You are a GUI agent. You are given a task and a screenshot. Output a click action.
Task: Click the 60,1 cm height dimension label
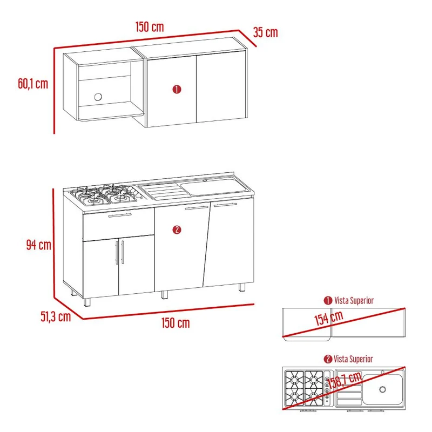coord(33,84)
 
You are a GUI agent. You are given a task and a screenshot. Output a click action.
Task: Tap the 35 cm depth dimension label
coord(265,32)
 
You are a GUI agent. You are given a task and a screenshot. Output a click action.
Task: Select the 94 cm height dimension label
coord(39,245)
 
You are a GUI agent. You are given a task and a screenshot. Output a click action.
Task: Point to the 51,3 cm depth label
coord(56,316)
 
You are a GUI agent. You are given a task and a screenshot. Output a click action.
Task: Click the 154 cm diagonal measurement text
coord(329,318)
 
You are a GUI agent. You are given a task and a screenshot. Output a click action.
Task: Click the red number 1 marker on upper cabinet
coord(177,90)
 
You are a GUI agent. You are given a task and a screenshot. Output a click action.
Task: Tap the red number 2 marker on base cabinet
coord(177,230)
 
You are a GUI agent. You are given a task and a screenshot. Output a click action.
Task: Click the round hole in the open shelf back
coord(98,97)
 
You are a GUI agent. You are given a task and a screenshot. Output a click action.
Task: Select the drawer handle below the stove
coord(120,215)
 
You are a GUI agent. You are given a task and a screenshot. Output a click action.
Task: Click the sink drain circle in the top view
coord(382,389)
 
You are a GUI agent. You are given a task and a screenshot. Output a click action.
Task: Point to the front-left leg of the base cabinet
coord(87,302)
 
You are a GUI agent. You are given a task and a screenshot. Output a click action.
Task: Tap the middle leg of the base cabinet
coord(165,295)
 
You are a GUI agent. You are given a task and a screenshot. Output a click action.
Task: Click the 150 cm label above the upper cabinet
coord(150,26)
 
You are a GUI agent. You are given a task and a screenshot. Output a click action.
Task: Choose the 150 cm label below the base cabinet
coord(175,322)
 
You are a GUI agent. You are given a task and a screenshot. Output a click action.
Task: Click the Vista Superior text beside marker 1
coord(354,300)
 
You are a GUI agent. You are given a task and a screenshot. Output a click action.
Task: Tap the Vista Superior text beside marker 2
coord(353,359)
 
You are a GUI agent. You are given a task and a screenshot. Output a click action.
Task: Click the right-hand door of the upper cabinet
coord(221,86)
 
